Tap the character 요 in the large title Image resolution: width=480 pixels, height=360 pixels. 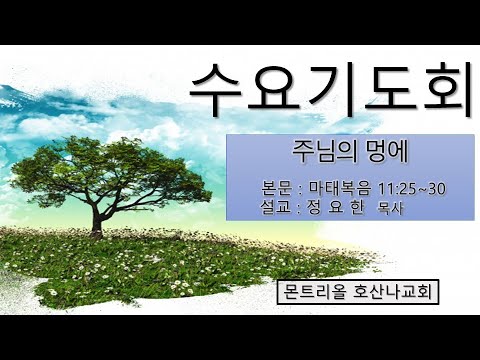coord(274,86)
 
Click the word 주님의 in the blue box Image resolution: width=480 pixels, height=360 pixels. coord(312,155)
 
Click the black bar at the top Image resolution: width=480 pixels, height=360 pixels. coord(240,20)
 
